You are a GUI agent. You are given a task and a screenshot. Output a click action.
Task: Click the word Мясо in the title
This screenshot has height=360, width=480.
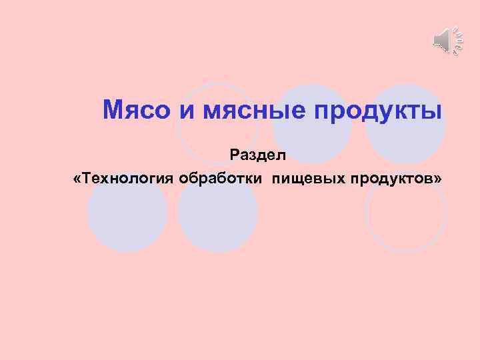click(137, 109)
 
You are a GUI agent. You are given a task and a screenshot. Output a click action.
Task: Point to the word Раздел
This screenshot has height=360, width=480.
click(257, 155)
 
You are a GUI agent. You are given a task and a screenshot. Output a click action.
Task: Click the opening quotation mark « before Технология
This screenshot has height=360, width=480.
click(79, 179)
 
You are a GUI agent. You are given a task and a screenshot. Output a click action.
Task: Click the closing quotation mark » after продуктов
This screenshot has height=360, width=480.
click(438, 179)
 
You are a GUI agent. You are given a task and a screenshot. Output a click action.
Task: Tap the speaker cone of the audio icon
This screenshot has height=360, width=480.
click(441, 41)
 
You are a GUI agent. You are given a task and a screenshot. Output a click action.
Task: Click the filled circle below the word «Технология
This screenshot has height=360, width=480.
click(127, 217)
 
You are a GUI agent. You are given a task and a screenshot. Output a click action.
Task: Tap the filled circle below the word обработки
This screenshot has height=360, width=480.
click(218, 217)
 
